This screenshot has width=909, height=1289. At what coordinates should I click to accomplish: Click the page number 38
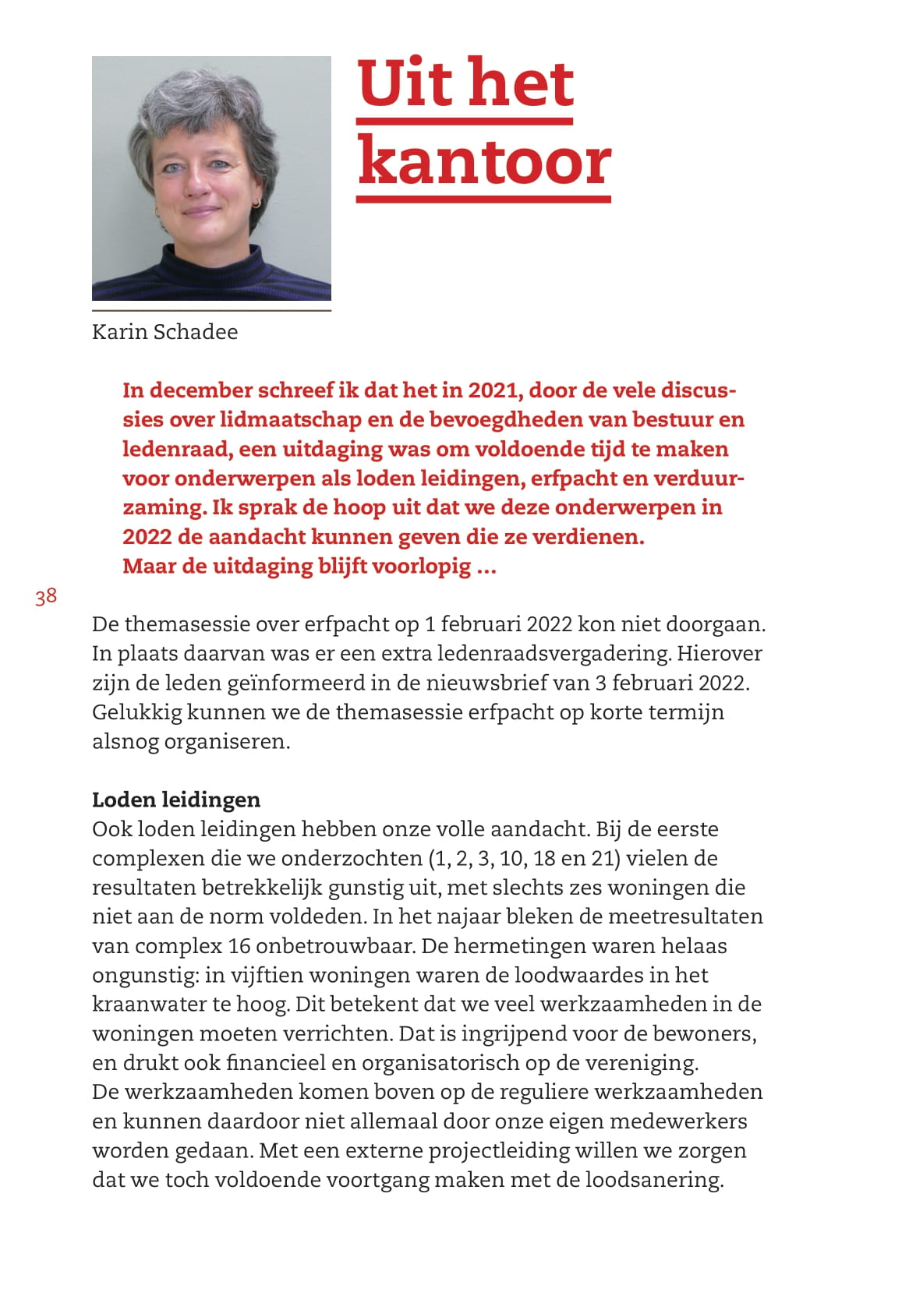[x=46, y=597]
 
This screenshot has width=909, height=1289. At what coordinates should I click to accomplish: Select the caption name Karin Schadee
[x=164, y=332]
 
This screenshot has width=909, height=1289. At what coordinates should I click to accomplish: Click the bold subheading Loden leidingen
[x=176, y=800]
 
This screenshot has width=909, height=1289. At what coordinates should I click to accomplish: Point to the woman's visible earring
[x=254, y=203]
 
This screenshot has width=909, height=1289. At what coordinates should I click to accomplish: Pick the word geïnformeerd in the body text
[x=295, y=683]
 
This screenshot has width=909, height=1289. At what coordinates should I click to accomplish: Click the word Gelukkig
[x=136, y=712]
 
